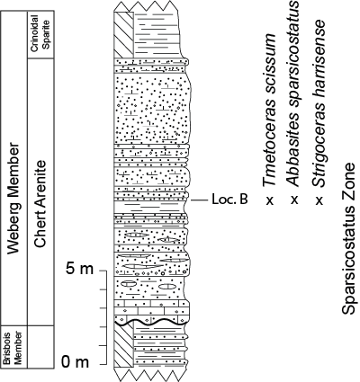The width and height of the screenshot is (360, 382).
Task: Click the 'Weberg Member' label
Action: click(13, 199)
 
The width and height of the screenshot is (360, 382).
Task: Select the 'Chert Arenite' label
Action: click(40, 204)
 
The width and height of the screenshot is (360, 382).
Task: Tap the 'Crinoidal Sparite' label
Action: click(40, 33)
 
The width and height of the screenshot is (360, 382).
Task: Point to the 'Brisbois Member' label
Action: click(13, 348)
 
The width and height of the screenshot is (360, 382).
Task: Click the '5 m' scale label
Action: click(80, 269)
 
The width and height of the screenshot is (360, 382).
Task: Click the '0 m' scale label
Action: click(76, 362)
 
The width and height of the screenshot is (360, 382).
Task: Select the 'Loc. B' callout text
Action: click(229, 200)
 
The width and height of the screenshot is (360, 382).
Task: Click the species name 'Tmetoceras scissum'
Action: click(270, 110)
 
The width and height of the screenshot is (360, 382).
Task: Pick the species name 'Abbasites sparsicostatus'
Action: click(293, 93)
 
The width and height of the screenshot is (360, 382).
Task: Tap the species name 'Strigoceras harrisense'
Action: click(319, 103)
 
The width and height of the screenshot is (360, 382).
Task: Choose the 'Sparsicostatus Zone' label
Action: click(349, 239)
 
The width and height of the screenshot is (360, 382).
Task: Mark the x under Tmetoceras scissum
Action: click(270, 200)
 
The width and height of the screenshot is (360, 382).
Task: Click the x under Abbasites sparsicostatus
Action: click(294, 200)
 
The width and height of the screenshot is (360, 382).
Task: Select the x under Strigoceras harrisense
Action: click(319, 200)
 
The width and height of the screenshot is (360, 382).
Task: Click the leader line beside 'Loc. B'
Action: click(200, 200)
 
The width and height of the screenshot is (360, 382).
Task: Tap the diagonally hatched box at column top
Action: click(123, 35)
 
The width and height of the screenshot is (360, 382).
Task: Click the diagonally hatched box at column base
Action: click(123, 345)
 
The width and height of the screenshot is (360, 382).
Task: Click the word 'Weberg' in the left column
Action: click(13, 227)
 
